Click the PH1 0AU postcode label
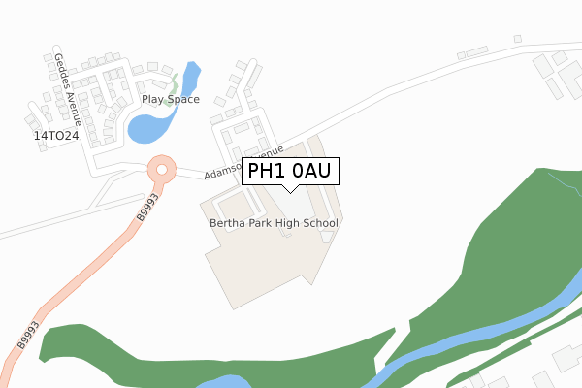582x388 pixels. (x=289, y=172)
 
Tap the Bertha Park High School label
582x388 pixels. (x=274, y=223)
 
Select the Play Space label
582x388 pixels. (x=171, y=99)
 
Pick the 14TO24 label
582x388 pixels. (x=55, y=137)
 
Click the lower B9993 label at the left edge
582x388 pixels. (x=26, y=334)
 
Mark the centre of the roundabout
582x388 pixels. (x=160, y=170)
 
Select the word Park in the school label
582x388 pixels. (x=261, y=223)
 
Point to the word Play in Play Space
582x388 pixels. (x=153, y=99)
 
